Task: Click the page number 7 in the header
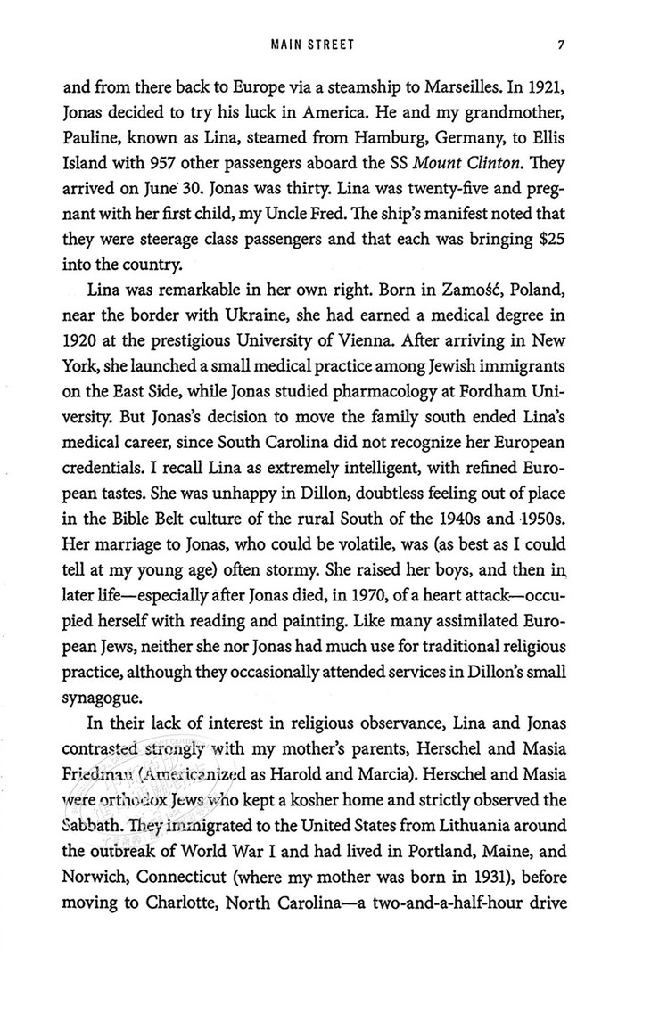(556, 43)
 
